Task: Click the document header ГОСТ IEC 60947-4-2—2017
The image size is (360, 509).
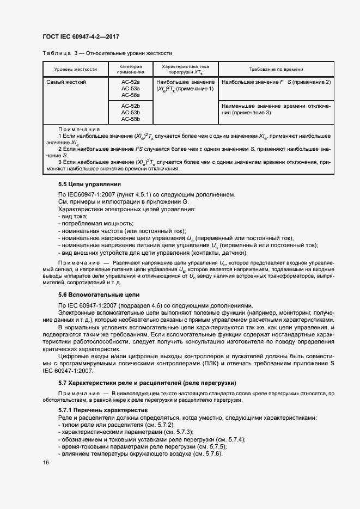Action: pyautogui.click(x=81, y=37)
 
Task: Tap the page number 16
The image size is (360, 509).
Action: pyautogui.click(x=46, y=463)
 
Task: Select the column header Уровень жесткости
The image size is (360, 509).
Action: pyautogui.click(x=75, y=70)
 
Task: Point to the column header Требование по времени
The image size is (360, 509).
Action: pyautogui.click(x=276, y=70)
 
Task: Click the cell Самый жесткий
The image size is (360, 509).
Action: pyautogui.click(x=66, y=82)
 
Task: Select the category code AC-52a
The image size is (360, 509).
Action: pyautogui.click(x=131, y=82)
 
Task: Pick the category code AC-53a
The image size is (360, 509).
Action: pyautogui.click(x=131, y=88)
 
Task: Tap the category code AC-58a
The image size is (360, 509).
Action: pyautogui.click(x=131, y=95)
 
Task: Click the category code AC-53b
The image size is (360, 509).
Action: pyautogui.click(x=131, y=112)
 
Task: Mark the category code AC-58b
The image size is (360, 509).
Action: pyautogui.click(x=131, y=119)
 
